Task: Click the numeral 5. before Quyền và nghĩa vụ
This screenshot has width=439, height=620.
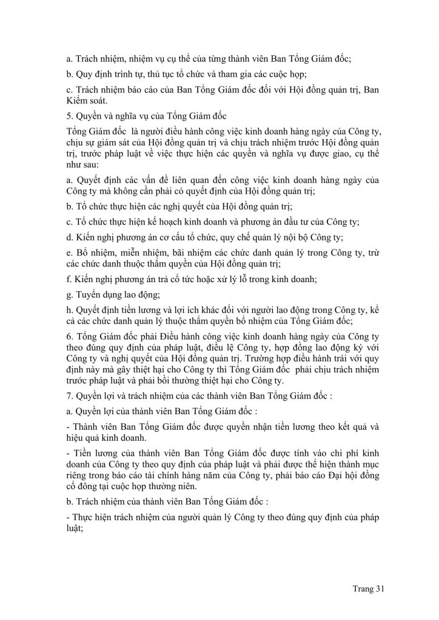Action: [x=69, y=116]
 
